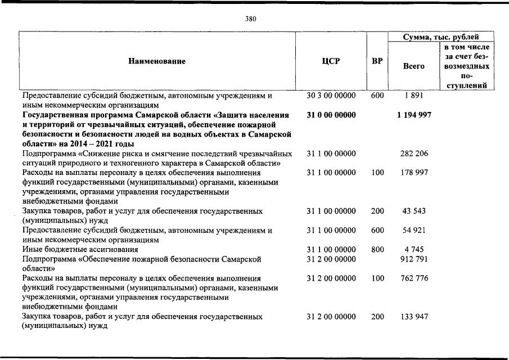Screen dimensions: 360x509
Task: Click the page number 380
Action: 251,19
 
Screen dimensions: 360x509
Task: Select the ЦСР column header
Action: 331,61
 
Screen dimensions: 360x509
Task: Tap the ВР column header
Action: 377,61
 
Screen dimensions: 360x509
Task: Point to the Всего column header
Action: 413,66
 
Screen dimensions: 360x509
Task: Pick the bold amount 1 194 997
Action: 414,115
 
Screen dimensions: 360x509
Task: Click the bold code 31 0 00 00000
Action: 331,115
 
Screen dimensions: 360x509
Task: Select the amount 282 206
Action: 414,154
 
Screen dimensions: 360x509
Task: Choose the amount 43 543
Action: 414,211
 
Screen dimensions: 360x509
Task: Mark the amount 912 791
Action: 414,259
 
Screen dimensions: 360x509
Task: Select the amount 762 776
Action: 414,278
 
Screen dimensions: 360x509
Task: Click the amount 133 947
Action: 414,317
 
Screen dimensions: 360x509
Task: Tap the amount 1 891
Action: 414,96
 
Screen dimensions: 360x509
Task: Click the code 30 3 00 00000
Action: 331,96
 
